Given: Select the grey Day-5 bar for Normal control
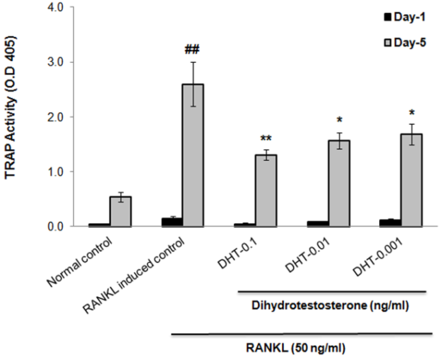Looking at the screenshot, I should pos(120,211).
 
